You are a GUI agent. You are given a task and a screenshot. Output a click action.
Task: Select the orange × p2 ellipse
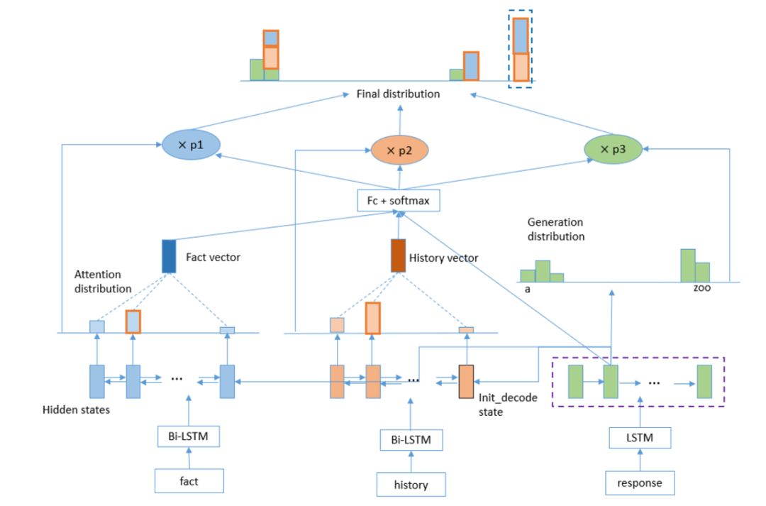click(x=399, y=150)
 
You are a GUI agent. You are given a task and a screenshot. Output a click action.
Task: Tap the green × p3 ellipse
click(x=613, y=150)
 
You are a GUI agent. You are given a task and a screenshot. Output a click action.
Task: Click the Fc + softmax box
click(x=399, y=202)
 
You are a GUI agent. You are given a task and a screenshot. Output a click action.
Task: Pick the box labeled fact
click(x=189, y=480)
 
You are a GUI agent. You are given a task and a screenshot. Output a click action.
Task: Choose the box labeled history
click(x=411, y=485)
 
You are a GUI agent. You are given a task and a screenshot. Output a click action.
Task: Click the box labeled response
click(x=640, y=483)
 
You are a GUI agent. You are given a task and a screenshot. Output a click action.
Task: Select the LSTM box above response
click(x=640, y=439)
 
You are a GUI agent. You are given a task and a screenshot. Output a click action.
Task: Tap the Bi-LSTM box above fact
click(x=189, y=435)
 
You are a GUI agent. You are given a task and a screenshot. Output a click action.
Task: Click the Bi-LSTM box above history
click(x=411, y=440)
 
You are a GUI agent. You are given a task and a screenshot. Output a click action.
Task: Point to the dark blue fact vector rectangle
click(x=169, y=257)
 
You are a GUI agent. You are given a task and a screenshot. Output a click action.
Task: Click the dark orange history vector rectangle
click(x=399, y=256)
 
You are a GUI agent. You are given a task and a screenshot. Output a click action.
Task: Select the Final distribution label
click(x=399, y=94)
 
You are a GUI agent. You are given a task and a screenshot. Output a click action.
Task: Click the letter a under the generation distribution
click(x=528, y=290)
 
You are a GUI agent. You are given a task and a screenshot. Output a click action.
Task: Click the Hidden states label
click(x=76, y=409)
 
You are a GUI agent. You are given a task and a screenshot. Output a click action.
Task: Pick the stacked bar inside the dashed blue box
click(x=521, y=50)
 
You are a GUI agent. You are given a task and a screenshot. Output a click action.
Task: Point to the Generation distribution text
click(x=555, y=229)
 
